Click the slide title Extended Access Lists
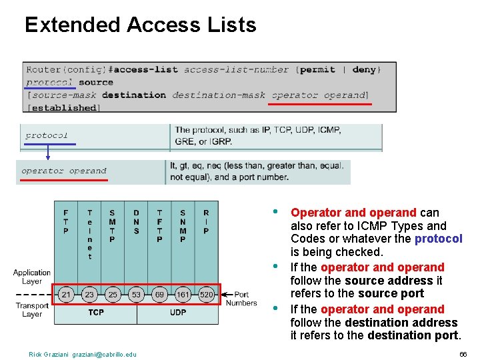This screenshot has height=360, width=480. pyautogui.click(x=140, y=25)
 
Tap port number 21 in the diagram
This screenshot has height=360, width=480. pyautogui.click(x=66, y=294)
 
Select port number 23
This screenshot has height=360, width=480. pyautogui.click(x=89, y=294)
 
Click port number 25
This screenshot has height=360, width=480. pyautogui.click(x=112, y=294)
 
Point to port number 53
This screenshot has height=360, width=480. pyautogui.click(x=136, y=294)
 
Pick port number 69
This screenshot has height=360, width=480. pyautogui.click(x=159, y=294)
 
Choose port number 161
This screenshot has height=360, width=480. pyautogui.click(x=183, y=294)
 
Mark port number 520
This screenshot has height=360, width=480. pyautogui.click(x=206, y=294)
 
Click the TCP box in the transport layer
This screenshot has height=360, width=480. pyautogui.click(x=96, y=312)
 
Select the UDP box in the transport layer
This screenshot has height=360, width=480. pyautogui.click(x=178, y=312)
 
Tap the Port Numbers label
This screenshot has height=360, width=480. pyautogui.click(x=241, y=299)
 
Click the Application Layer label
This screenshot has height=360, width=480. pyautogui.click(x=31, y=277)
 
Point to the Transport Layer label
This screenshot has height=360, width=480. pyautogui.click(x=32, y=310)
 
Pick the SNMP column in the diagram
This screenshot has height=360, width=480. pyautogui.click(x=183, y=226)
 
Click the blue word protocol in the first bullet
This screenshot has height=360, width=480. pyautogui.click(x=438, y=239)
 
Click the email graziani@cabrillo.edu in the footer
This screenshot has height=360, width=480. pyautogui.click(x=104, y=354)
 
